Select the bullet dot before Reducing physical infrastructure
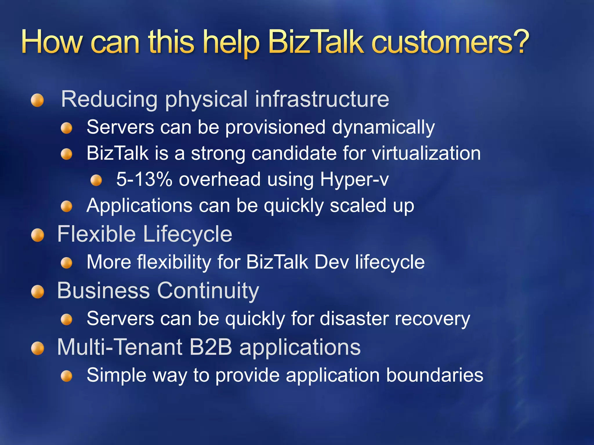pos(37,101)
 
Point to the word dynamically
pos(383,127)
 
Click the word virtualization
pos(426,153)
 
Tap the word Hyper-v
pos(354,180)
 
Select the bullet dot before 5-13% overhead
pos(96,180)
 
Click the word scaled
pos(358,205)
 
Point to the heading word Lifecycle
pos(188,234)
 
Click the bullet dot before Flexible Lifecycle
pos(37,235)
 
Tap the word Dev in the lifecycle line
pos(332,262)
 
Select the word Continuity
pos(208,291)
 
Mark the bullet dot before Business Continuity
pos(37,292)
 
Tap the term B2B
pos(211,347)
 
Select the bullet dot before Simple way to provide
pos(67,376)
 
